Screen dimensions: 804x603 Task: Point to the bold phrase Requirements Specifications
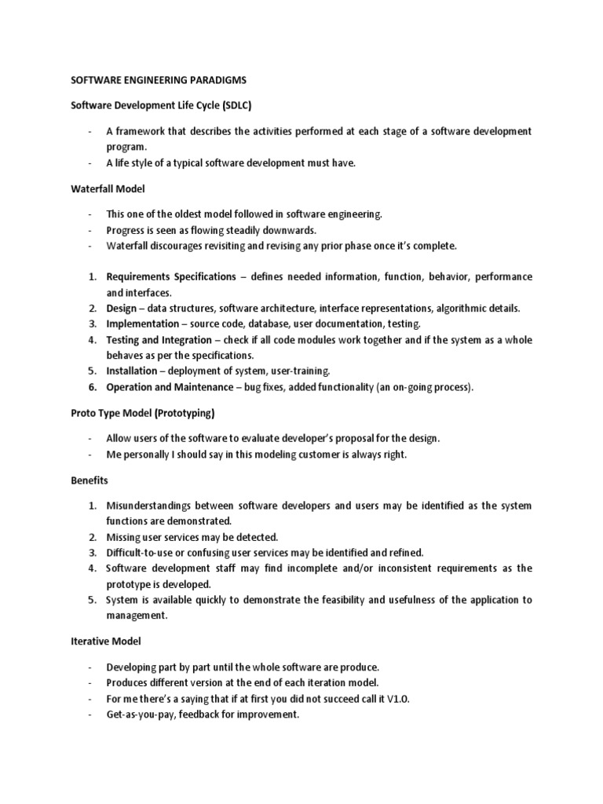170,277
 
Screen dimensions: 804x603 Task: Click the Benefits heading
90,479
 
